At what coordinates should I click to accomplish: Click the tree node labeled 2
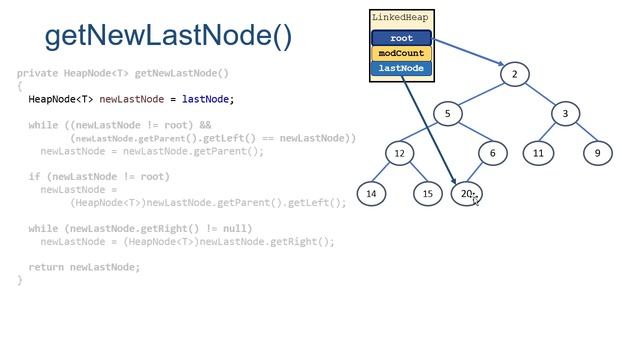(514, 74)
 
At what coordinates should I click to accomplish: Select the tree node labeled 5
(447, 113)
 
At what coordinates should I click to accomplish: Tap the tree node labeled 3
(565, 113)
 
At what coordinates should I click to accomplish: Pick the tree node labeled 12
(399, 153)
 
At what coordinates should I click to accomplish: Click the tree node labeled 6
(493, 153)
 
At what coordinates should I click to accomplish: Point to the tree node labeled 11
(538, 153)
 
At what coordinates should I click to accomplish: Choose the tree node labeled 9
(597, 153)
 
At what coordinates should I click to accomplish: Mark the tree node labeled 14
(372, 194)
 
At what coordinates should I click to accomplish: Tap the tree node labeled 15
(427, 194)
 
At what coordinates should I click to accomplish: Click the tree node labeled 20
(466, 194)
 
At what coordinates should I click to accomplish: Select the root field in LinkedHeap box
(401, 38)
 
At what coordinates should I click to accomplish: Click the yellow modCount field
(401, 53)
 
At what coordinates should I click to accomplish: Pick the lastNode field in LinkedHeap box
(401, 68)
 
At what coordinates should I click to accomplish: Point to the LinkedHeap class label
(401, 18)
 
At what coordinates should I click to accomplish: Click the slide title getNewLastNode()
(169, 36)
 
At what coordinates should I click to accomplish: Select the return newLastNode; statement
(84, 267)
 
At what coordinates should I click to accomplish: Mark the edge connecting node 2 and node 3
(540, 93)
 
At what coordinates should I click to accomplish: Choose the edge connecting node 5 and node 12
(423, 133)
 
